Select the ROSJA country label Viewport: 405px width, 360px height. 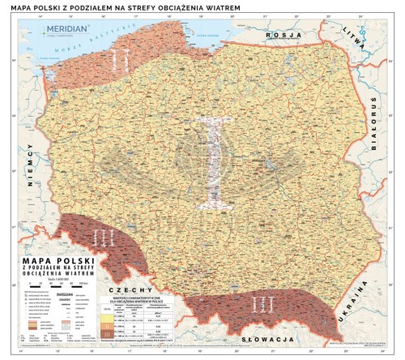point(284,36)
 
